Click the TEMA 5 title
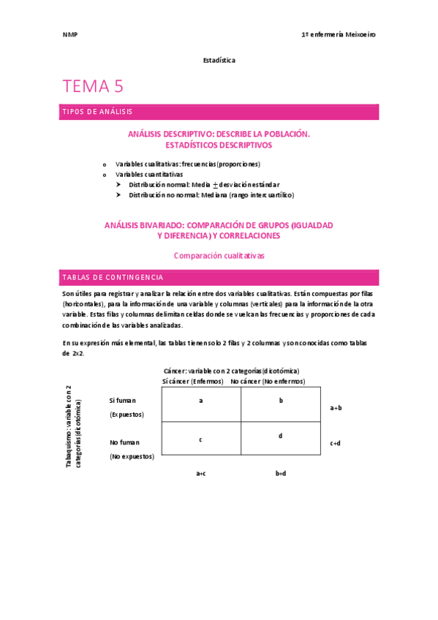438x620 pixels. click(x=93, y=86)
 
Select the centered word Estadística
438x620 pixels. click(x=219, y=60)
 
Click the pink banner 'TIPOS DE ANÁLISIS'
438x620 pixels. click(x=219, y=112)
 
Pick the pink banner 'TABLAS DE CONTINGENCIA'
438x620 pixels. click(x=219, y=278)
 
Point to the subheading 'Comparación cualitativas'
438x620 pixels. click(x=219, y=256)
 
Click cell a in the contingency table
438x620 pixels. click(x=201, y=401)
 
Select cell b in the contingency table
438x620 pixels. click(x=281, y=401)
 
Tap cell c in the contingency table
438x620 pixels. click(x=201, y=439)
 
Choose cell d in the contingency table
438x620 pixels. click(x=281, y=436)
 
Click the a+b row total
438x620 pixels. click(x=336, y=408)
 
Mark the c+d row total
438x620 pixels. click(x=336, y=442)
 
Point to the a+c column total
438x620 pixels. click(x=201, y=473)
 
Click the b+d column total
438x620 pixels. click(x=281, y=473)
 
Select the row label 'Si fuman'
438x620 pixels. click(x=123, y=401)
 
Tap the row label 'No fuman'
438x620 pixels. click(x=124, y=442)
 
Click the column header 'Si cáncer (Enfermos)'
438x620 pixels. click(x=192, y=381)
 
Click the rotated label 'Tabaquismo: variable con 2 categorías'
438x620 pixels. click(x=74, y=428)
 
